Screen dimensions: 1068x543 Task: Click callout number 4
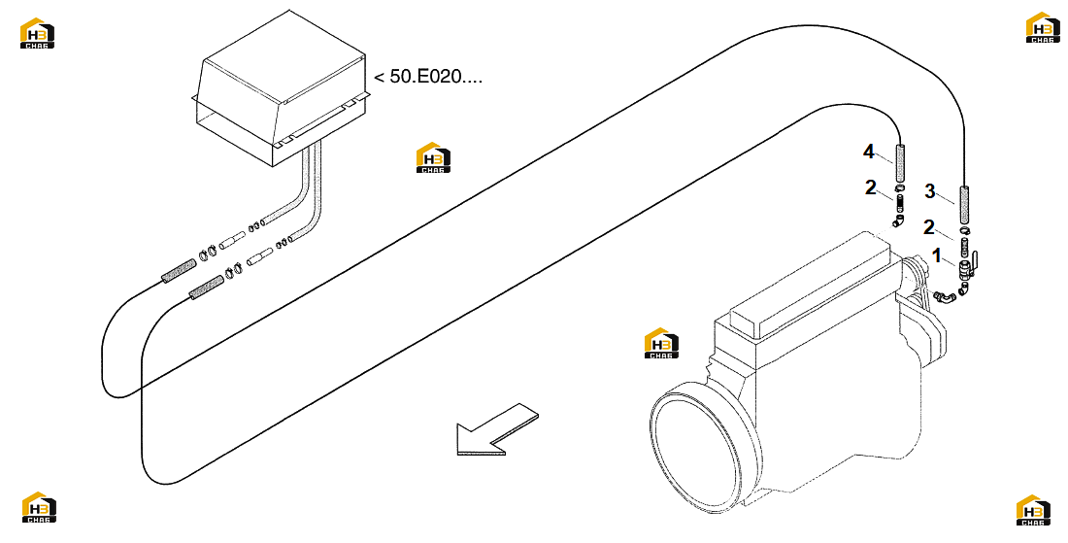point(868,152)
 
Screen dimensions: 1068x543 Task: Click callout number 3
point(930,191)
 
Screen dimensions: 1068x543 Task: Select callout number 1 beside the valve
point(937,256)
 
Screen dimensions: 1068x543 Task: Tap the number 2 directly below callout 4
point(871,187)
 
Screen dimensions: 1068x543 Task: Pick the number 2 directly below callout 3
point(929,227)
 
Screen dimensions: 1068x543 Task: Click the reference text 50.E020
point(428,77)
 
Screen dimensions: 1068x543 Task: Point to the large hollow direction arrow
point(496,430)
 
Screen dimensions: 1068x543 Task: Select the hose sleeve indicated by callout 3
point(964,206)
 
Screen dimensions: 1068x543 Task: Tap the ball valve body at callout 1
point(964,268)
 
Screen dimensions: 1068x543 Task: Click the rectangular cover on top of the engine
point(811,284)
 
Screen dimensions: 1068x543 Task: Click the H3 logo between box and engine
point(433,157)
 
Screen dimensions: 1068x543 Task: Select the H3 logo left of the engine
point(661,343)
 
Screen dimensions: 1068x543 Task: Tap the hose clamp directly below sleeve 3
point(964,232)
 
